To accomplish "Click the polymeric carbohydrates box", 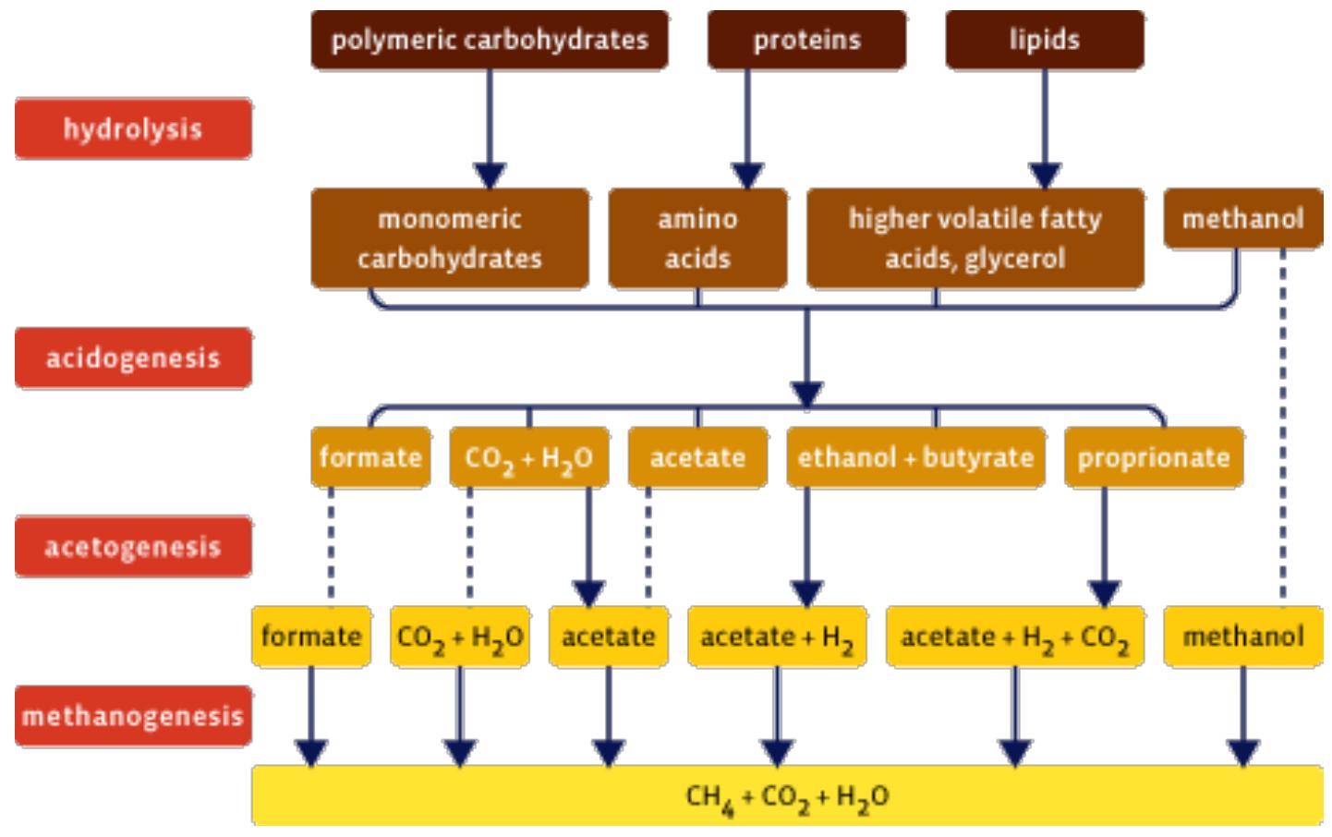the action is (x=490, y=40).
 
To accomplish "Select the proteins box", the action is (x=807, y=40).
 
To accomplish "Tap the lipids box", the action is (x=1045, y=40).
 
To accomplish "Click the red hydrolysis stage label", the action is (x=133, y=129).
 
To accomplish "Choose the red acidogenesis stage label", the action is (x=133, y=358).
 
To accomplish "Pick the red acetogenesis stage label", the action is (x=133, y=547).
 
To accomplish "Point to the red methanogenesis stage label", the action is (x=133, y=716).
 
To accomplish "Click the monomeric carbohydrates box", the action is (x=450, y=238).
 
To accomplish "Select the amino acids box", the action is (x=698, y=238).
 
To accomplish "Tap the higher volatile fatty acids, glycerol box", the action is (x=975, y=238).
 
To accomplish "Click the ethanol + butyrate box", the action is (x=915, y=457).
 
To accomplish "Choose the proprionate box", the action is (x=1154, y=457).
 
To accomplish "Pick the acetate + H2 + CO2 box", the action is (x=1015, y=637).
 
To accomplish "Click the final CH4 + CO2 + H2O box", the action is (x=787, y=795).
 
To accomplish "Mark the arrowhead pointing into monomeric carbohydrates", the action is (x=490, y=176).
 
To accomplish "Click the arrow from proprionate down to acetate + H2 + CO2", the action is (x=1104, y=547).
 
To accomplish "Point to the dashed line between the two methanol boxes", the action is (x=1283, y=427).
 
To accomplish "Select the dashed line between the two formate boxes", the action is (x=332, y=547).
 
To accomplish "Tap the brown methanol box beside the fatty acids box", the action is (x=1243, y=218).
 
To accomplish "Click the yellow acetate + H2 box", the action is (x=777, y=637).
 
